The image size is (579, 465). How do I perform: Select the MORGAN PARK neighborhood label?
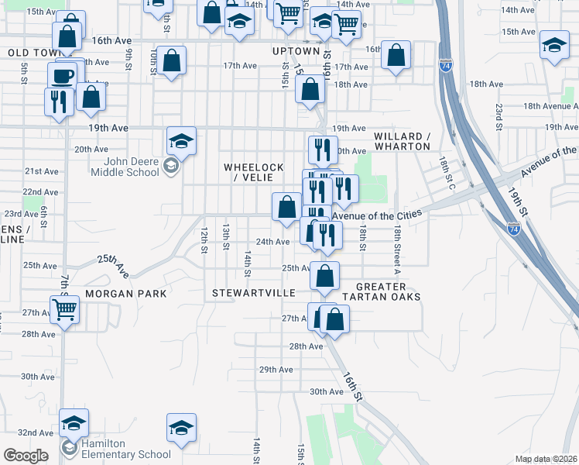(x=126, y=294)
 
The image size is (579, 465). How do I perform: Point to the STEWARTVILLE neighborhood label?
(x=254, y=293)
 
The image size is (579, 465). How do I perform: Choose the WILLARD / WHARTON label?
(x=402, y=141)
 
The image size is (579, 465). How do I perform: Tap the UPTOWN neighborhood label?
(x=296, y=51)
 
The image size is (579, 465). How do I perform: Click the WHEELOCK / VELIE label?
(x=254, y=173)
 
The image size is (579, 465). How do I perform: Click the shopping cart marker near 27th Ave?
(x=65, y=310)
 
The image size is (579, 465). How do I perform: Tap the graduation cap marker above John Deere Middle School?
(x=181, y=141)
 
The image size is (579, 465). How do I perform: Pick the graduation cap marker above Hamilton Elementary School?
(x=74, y=423)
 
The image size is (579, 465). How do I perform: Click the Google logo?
(x=26, y=455)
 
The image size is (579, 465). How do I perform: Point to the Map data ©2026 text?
(x=546, y=459)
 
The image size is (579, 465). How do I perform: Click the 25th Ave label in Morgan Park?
(x=113, y=268)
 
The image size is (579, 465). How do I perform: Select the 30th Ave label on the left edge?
(x=38, y=377)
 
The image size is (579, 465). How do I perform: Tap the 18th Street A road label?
(x=396, y=250)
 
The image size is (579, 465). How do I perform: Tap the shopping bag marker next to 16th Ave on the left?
(x=67, y=36)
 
